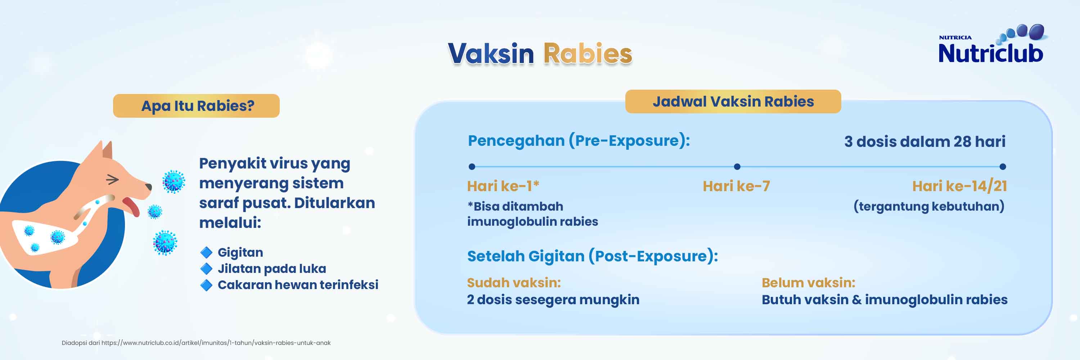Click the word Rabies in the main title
tap(588, 54)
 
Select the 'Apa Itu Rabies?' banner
tap(196, 105)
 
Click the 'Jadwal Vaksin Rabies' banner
tap(733, 102)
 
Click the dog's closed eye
tap(112, 179)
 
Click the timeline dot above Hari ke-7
tap(737, 167)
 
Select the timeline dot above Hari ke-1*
tap(472, 167)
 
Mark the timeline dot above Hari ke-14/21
tap(1003, 167)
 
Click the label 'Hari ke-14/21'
tap(959, 186)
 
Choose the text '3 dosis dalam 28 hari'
tap(924, 141)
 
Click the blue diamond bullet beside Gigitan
tap(206, 252)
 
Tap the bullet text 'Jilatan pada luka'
tap(272, 269)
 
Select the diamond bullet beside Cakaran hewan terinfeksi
tap(206, 285)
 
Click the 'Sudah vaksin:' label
tap(514, 283)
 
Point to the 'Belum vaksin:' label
tap(808, 283)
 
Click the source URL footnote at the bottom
tap(196, 343)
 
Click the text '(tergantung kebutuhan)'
tap(929, 206)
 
